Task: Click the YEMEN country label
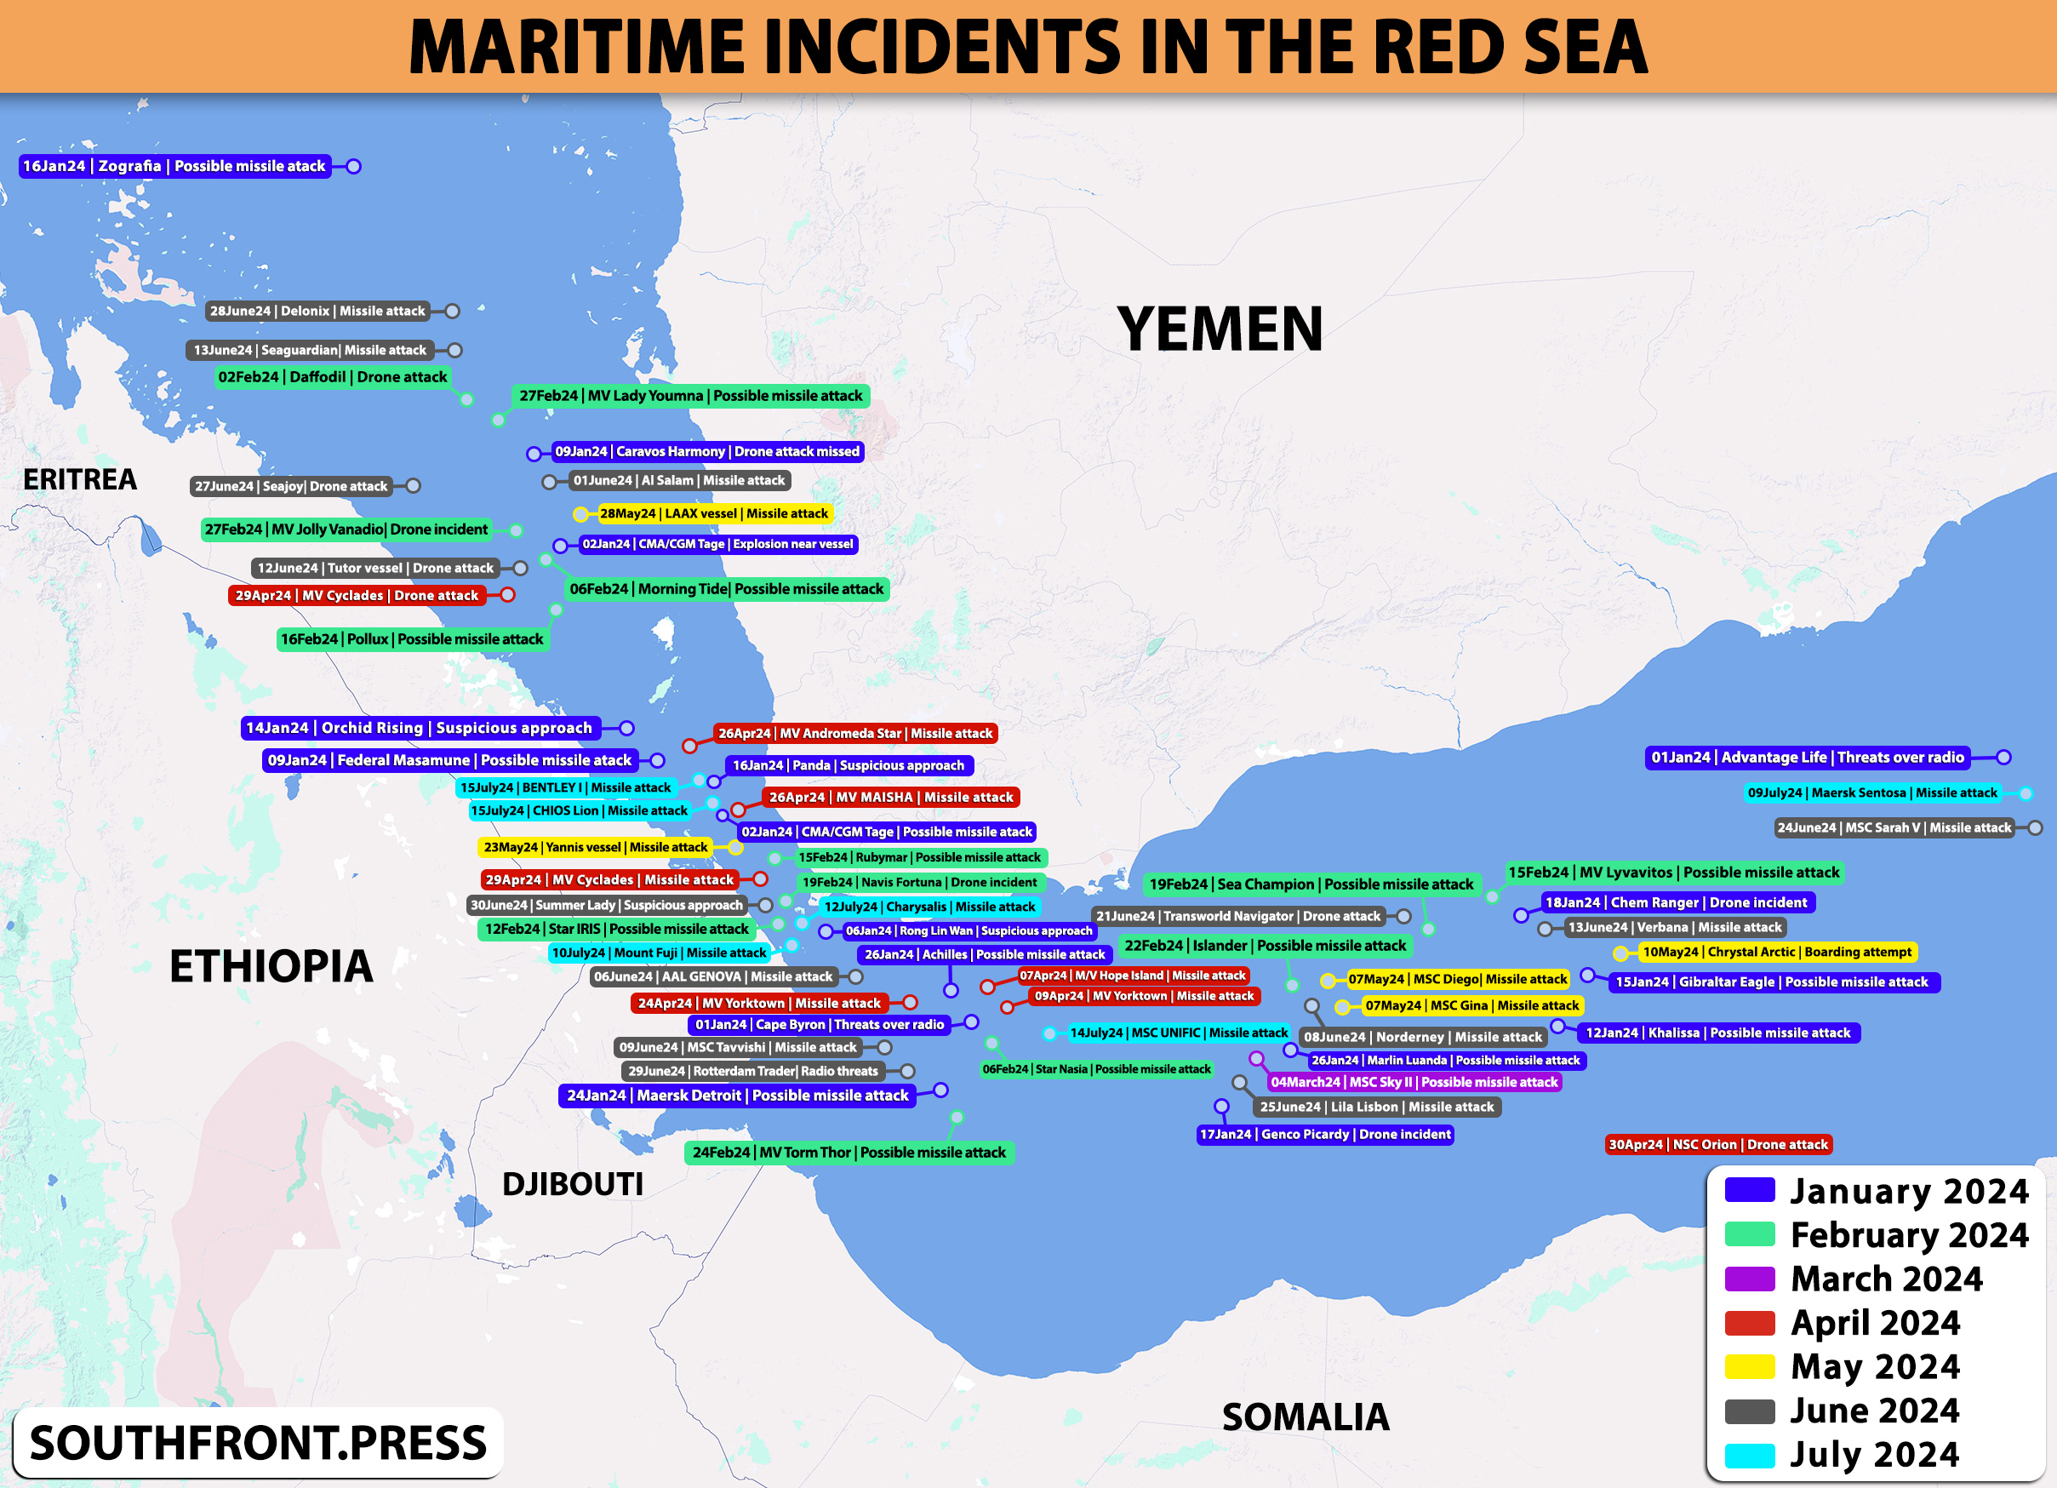tap(1219, 329)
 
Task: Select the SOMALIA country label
tap(1306, 1416)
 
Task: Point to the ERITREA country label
tap(80, 479)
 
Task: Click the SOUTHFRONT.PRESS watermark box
tap(258, 1443)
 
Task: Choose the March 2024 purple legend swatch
tap(1749, 1279)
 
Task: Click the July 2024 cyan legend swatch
tap(1749, 1455)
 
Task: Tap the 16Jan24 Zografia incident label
tap(174, 166)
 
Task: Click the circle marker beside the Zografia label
tap(354, 166)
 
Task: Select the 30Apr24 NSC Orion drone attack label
tap(1717, 1144)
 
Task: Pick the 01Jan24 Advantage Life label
tap(1807, 758)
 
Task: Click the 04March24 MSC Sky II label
tap(1413, 1081)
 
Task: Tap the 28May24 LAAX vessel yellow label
tap(714, 513)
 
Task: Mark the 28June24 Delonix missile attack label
tap(317, 312)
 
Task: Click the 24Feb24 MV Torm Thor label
tap(849, 1153)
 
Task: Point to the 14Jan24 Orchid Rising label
tap(419, 728)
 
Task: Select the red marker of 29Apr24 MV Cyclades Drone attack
tap(508, 594)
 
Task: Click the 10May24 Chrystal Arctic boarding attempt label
tap(1777, 952)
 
